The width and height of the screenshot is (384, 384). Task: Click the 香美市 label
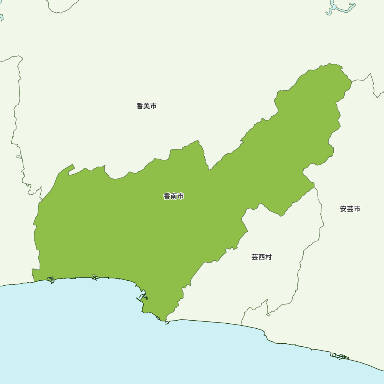(146, 106)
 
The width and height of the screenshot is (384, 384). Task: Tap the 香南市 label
(174, 196)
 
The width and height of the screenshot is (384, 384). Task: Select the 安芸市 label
(350, 209)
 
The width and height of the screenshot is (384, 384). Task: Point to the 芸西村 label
(262, 257)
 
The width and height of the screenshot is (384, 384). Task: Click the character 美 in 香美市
(146, 106)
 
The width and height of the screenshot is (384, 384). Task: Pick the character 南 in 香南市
(174, 196)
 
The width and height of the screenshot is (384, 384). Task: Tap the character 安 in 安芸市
(343, 209)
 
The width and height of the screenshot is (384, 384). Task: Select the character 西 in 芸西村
(262, 257)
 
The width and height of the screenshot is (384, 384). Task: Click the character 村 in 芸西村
(268, 257)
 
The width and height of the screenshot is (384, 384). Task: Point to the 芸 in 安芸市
(350, 209)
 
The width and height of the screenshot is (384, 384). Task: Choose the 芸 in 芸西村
(255, 257)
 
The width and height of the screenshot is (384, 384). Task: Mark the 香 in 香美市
(139, 106)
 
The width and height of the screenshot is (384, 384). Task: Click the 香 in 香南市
(167, 196)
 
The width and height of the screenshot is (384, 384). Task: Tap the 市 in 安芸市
(357, 209)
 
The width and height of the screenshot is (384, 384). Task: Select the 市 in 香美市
(153, 106)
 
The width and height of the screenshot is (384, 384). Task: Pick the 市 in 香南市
(180, 196)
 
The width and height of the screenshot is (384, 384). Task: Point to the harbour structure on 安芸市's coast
(339, 356)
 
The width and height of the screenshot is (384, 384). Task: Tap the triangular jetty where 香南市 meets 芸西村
(167, 323)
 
